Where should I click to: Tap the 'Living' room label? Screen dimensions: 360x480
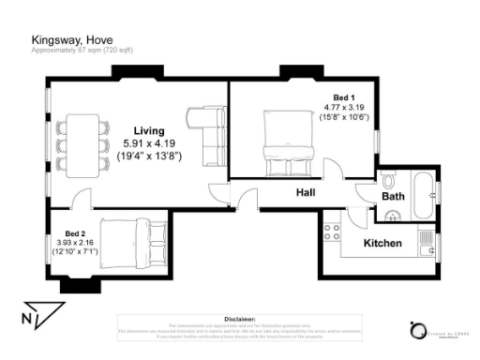pyautogui.click(x=149, y=129)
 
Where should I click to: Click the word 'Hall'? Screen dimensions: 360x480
pyautogui.click(x=305, y=193)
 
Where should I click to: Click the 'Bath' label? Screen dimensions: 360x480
pyautogui.click(x=392, y=197)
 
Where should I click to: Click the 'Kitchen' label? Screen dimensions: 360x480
pyautogui.click(x=382, y=244)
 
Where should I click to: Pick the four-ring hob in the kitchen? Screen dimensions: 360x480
pyautogui.click(x=334, y=228)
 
